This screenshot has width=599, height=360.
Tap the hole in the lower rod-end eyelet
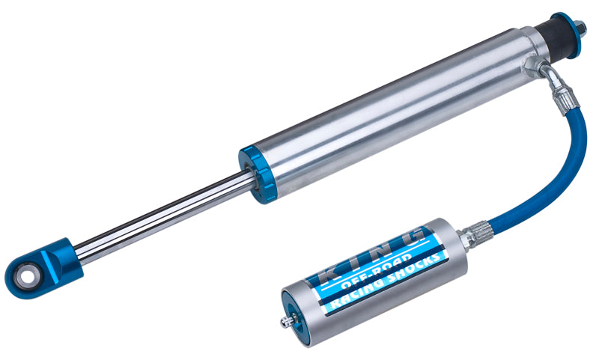point(27,275)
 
